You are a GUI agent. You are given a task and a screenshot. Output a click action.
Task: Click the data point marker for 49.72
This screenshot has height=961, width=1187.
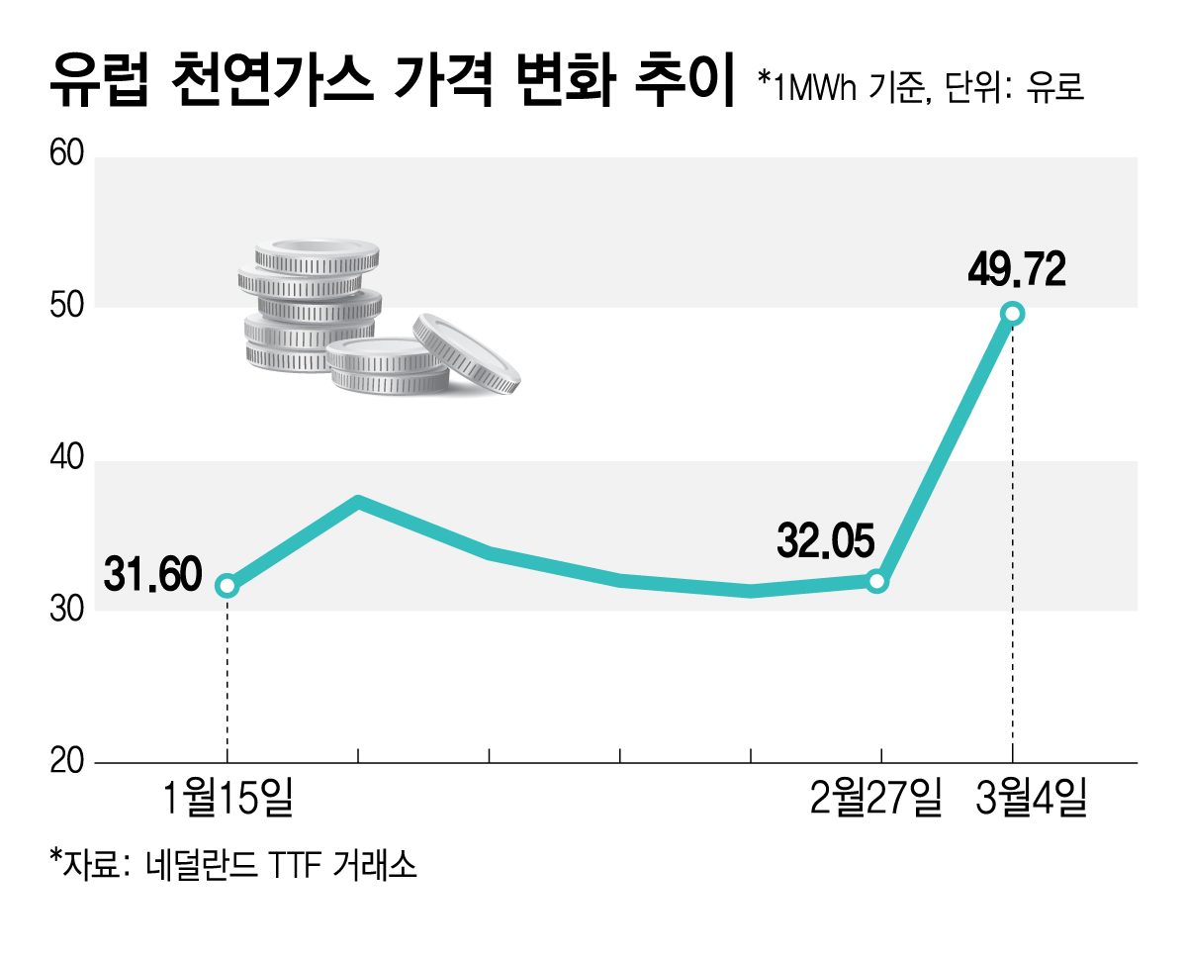pos(1012,314)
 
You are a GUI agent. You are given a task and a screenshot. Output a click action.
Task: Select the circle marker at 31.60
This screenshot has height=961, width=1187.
pos(228,586)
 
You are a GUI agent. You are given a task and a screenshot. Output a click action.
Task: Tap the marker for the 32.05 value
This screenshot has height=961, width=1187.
pos(876,581)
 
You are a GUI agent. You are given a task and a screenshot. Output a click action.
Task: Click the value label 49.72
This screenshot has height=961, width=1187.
pos(1018,269)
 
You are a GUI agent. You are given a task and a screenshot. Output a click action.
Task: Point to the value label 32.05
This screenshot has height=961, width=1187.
pos(826,541)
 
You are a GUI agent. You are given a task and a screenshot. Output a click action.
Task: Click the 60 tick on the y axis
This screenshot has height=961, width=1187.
pos(67,156)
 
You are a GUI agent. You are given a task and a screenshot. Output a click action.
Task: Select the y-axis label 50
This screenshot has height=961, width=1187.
pos(67,308)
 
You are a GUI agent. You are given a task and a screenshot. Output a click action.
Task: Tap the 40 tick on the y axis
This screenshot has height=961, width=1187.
pos(67,460)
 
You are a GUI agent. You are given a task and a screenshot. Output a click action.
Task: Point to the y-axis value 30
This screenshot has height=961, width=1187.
pos(67,611)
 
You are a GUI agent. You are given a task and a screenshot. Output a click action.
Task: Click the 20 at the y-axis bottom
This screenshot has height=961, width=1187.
pos(67,763)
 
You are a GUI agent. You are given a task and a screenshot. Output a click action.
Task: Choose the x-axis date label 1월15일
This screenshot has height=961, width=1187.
pos(228,799)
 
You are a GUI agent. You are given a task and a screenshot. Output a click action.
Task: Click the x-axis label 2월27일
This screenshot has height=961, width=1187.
pos(875,799)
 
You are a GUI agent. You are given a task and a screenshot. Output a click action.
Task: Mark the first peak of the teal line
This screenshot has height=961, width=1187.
pos(358,503)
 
